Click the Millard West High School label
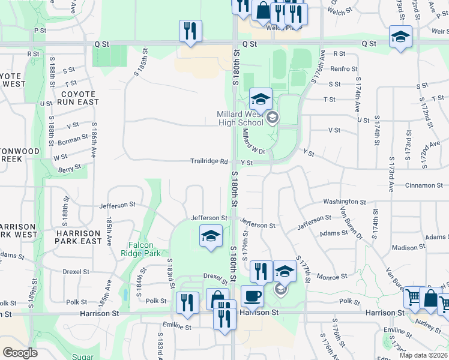click(240, 118)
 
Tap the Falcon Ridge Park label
click(145, 249)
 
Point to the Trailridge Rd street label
click(209, 161)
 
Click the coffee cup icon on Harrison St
click(252, 295)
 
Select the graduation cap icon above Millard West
click(261, 99)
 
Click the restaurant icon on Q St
click(190, 31)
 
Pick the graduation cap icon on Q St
click(400, 37)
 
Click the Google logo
click(20, 353)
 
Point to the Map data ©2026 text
click(423, 355)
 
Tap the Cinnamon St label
click(423, 185)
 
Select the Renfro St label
click(343, 69)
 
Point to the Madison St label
click(408, 247)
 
